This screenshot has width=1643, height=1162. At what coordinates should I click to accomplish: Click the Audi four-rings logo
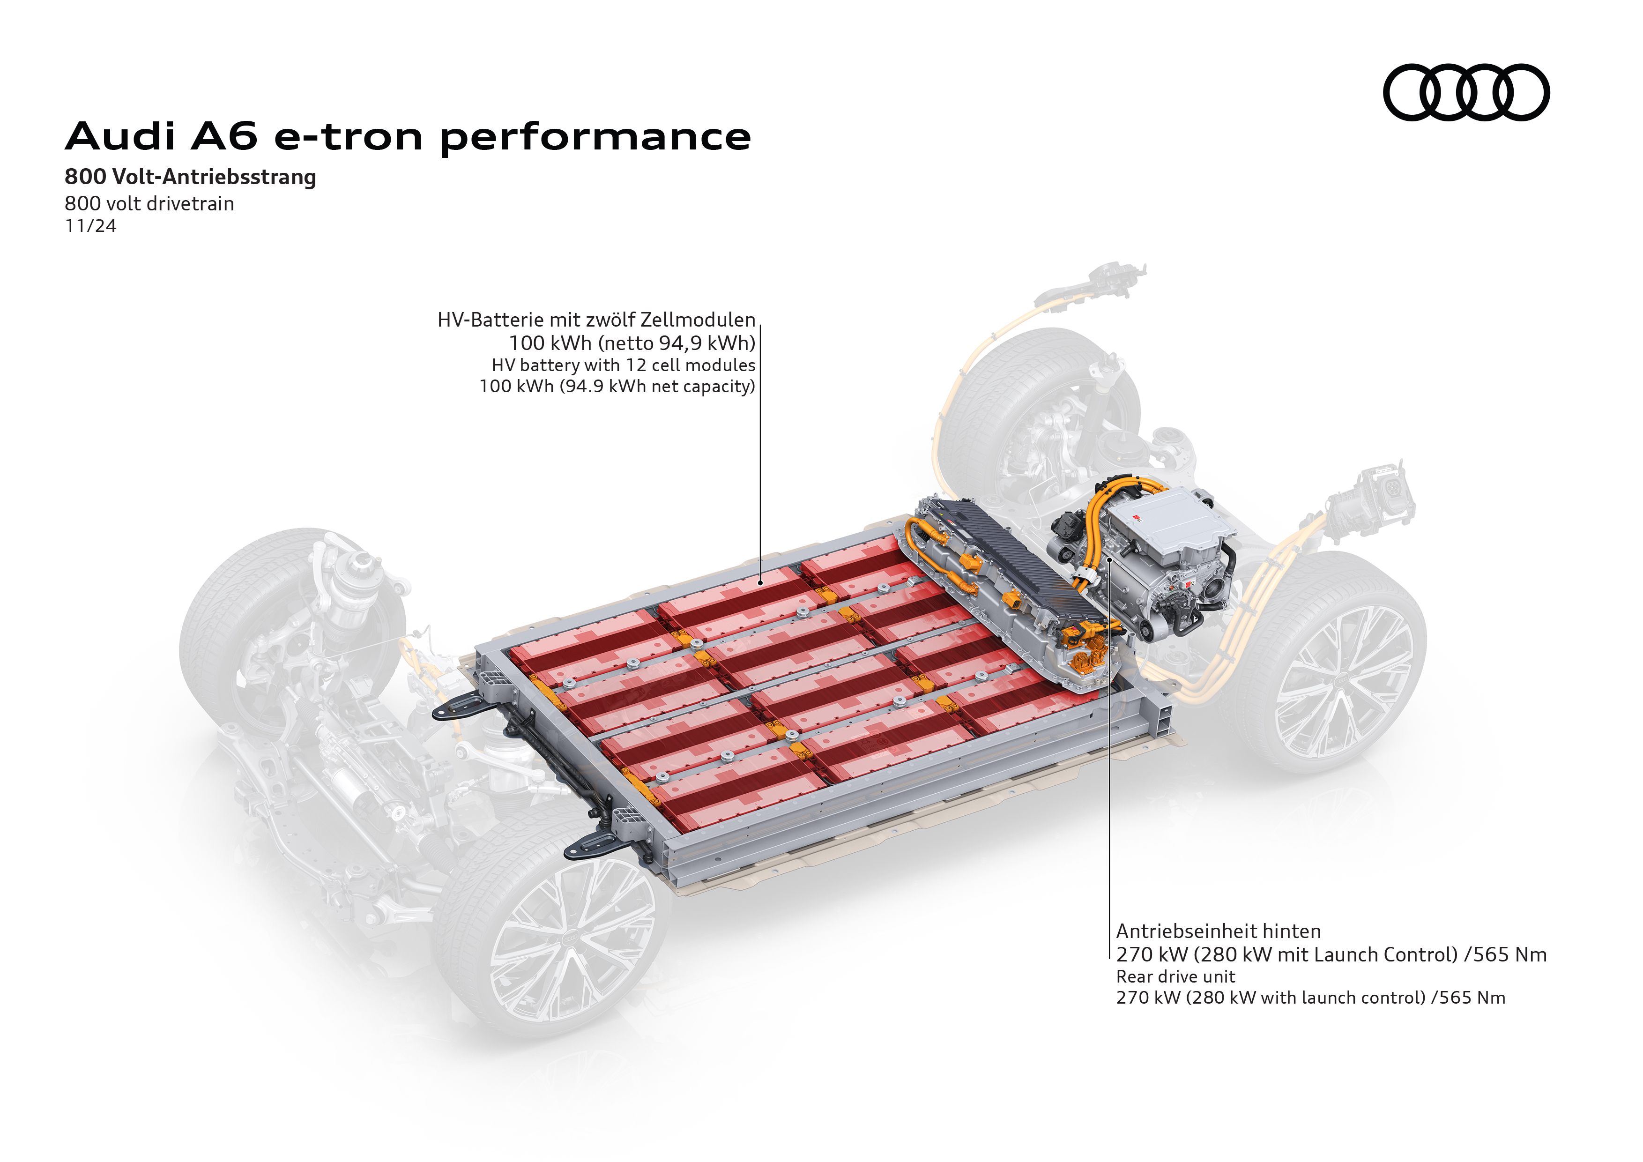coord(1465,92)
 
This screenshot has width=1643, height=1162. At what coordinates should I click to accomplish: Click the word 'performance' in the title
coord(595,137)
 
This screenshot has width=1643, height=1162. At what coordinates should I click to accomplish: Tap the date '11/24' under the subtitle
coord(90,226)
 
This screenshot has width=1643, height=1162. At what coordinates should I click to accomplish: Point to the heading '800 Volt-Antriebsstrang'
coord(190,177)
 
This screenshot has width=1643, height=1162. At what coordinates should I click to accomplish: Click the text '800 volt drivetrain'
coord(149,204)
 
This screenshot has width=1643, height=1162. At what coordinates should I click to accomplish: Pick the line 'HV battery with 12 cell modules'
coord(623,365)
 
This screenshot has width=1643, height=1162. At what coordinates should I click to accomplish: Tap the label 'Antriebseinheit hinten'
coord(1219,931)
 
